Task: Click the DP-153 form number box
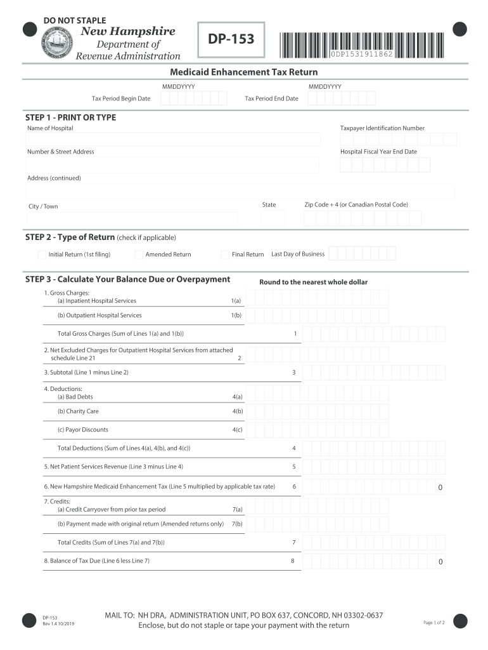231,39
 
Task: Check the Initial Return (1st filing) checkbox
42,255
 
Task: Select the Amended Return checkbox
139,255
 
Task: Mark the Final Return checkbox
225,255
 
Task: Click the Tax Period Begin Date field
193,98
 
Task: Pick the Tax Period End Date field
341,98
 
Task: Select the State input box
273,218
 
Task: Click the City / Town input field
132,218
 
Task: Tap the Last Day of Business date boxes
362,254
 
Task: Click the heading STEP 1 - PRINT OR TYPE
70,117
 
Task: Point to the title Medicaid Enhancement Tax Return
243,72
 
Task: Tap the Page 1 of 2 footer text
434,623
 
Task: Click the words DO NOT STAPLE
75,21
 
